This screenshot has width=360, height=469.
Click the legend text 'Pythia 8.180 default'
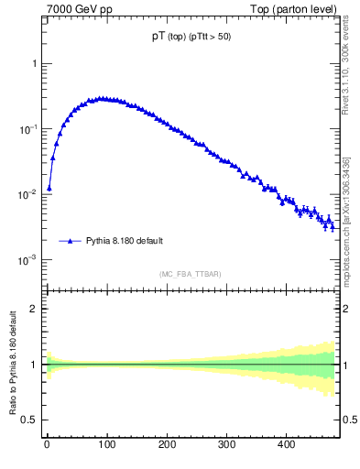point(125,241)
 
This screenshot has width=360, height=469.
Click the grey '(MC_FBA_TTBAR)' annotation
point(189,274)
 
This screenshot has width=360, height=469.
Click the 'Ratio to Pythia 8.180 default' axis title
point(15,365)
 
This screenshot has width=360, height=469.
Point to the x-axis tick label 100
point(106,445)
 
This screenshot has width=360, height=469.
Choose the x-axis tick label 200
point(166,445)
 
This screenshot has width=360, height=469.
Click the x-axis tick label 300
point(226,445)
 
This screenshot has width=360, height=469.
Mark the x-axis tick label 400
point(286,445)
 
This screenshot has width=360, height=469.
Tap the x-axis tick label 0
point(47,445)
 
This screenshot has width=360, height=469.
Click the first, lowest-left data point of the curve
point(49,188)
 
